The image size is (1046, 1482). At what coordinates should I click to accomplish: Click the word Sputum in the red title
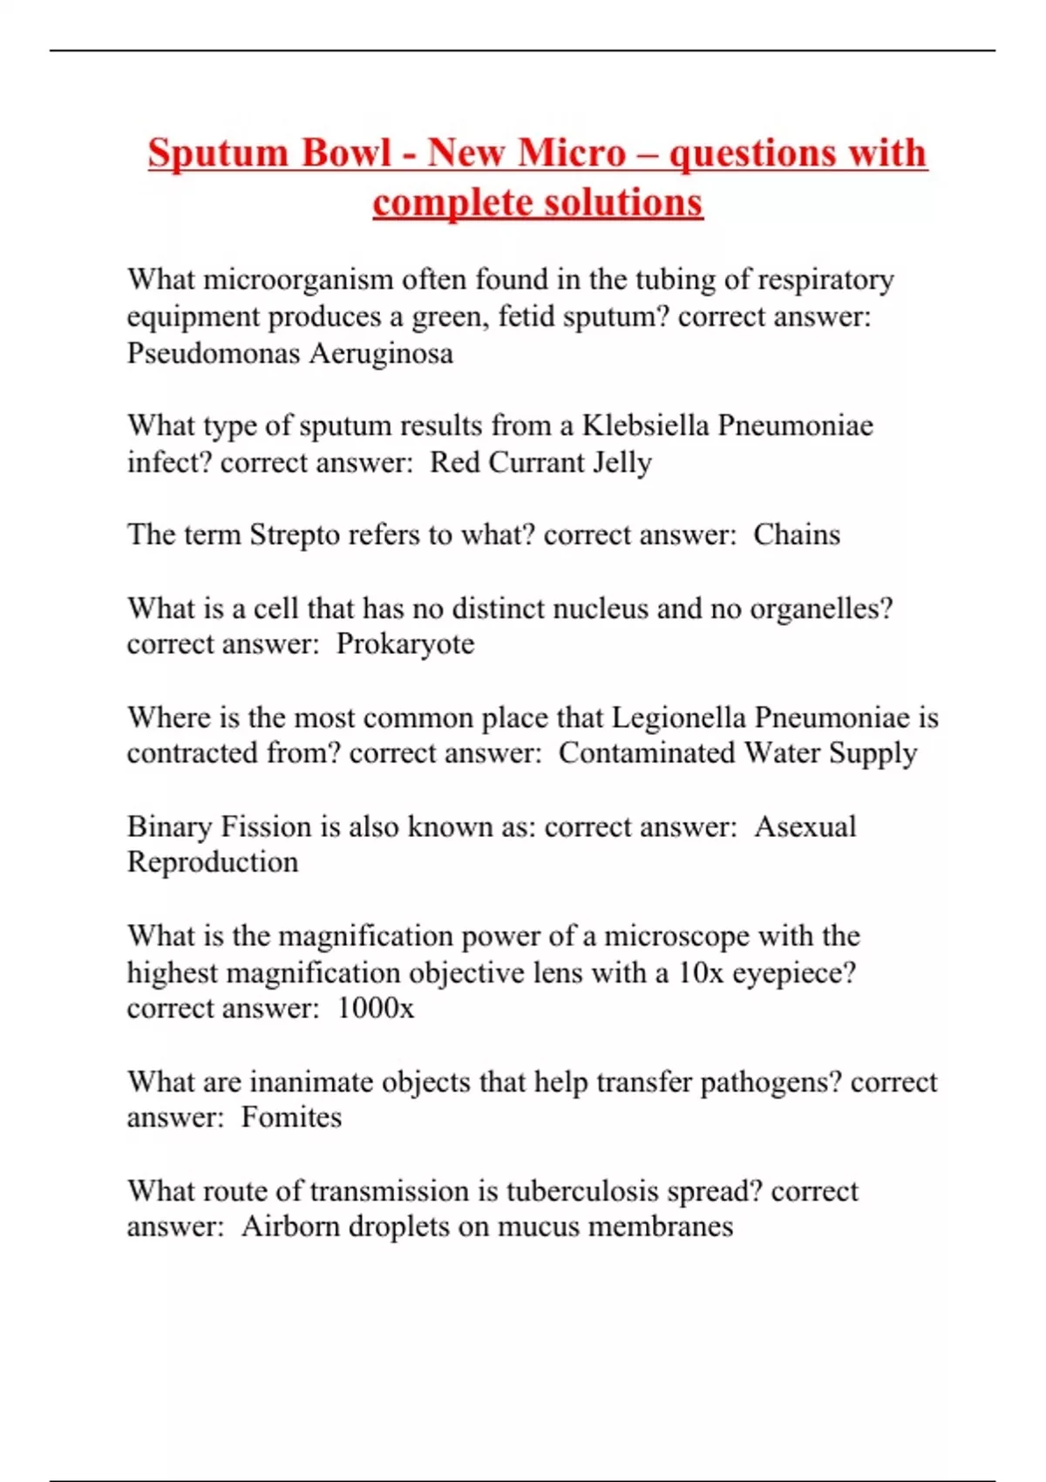click(217, 153)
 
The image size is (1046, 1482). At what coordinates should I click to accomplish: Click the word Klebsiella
click(646, 425)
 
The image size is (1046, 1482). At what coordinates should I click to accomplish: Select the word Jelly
click(621, 463)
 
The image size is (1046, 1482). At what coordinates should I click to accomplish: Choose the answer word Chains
click(797, 534)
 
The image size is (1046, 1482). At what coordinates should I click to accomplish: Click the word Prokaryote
click(405, 644)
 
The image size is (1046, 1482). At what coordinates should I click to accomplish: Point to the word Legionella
click(679, 717)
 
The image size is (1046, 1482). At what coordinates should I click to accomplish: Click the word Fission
click(266, 826)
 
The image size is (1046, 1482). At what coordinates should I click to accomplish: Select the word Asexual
click(805, 826)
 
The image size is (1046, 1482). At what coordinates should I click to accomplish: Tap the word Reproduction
click(213, 862)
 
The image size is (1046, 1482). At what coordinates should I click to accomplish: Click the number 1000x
click(376, 1009)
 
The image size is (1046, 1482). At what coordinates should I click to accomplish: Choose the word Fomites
click(291, 1118)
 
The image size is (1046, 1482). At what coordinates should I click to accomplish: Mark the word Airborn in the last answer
click(290, 1227)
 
